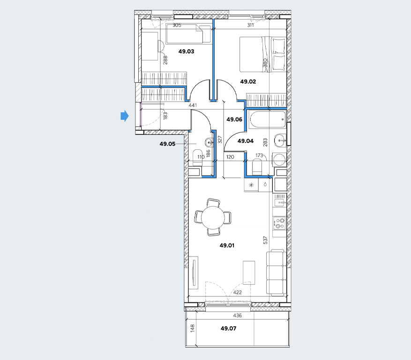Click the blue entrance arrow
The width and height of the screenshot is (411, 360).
tap(125, 116)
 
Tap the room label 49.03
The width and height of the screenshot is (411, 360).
tap(187, 51)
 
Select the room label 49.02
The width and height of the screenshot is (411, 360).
tap(248, 81)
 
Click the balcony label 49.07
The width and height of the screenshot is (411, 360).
tap(229, 328)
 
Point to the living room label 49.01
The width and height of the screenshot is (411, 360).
tap(227, 245)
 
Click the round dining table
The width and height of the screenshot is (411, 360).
tap(213, 217)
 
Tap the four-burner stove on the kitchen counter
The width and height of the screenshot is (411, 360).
tap(279, 223)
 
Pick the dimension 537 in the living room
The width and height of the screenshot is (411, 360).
tap(265, 240)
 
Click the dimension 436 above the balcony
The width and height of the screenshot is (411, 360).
tap(238, 316)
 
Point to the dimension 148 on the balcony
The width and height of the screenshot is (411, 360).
tap(193, 329)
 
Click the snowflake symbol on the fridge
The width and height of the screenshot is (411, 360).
tap(251, 185)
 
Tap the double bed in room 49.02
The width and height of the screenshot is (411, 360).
tap(262, 54)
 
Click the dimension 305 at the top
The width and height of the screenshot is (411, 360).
tap(177, 25)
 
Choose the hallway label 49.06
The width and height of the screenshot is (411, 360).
tap(235, 119)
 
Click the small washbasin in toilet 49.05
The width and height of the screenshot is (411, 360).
tap(209, 143)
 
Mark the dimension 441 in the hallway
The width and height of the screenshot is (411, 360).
tap(193, 105)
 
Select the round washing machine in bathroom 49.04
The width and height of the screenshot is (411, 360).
tap(279, 160)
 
